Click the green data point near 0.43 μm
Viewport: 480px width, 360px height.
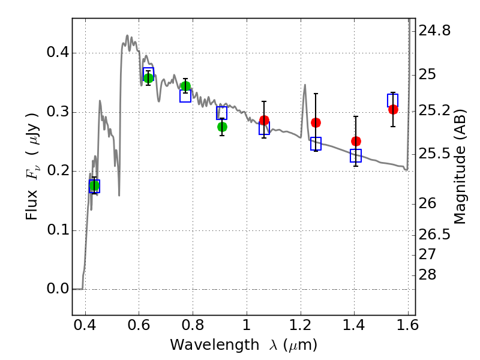point(94,185)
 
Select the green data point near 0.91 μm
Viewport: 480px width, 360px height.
point(222,127)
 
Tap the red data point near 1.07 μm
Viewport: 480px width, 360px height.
point(264,121)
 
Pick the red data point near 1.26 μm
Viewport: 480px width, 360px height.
point(316,122)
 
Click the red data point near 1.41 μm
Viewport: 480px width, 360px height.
point(356,141)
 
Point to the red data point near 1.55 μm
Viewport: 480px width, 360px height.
point(393,109)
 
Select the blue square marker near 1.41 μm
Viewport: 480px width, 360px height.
point(356,156)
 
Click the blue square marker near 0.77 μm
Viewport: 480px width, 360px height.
point(185,95)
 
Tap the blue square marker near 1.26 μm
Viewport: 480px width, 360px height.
point(316,143)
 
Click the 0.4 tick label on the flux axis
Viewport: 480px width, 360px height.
point(57,53)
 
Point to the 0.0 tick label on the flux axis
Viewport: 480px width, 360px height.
point(57,289)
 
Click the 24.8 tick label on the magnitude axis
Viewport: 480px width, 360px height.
point(434,31)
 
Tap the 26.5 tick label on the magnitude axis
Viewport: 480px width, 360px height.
point(434,234)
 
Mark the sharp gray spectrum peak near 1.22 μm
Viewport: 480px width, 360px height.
point(305,86)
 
